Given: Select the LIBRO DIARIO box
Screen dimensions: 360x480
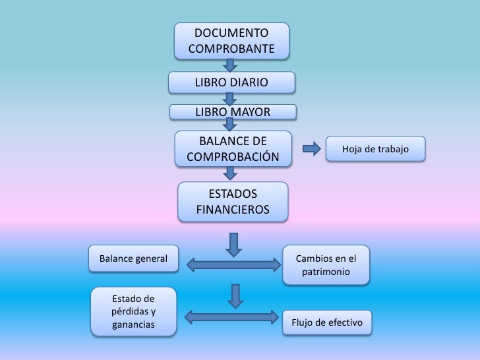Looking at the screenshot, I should coord(231,83).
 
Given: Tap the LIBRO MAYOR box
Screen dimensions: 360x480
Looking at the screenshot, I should coord(231,111).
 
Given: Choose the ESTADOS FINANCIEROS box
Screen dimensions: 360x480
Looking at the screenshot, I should coord(233,202).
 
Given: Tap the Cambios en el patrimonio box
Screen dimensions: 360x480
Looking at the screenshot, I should coord(326,264).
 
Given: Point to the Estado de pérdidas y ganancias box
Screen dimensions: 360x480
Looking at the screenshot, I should coord(134,312).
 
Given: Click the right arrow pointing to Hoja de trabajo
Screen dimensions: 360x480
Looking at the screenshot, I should coord(311,149).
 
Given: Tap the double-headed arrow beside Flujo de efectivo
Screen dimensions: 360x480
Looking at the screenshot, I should coord(230,317).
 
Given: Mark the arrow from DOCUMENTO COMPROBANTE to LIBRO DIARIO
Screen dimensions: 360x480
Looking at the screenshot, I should coord(230,65).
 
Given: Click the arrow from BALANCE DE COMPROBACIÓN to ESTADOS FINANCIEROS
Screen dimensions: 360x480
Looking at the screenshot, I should coord(230,173).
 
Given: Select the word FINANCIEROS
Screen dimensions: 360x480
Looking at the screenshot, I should coord(233,210).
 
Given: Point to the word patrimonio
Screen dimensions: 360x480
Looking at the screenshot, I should coord(326,272).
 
